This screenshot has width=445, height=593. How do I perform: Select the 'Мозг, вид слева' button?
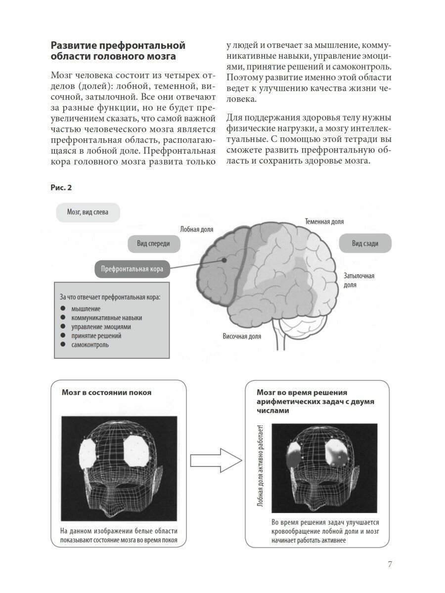pyautogui.click(x=88, y=213)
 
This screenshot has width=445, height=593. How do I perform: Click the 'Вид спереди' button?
pyautogui.click(x=153, y=244)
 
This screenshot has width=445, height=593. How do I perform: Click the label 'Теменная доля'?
pyautogui.click(x=324, y=222)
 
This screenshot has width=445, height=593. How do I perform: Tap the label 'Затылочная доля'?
pyautogui.click(x=358, y=280)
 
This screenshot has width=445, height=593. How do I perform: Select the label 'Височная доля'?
pyautogui.click(x=242, y=337)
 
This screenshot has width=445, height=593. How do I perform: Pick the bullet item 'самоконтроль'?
pyautogui.click(x=90, y=345)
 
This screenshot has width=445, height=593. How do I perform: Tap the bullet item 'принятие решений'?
pyautogui.click(x=96, y=336)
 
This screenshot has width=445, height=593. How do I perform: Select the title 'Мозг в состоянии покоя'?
pyautogui.click(x=106, y=393)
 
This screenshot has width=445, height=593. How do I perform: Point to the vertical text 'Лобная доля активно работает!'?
pyautogui.click(x=261, y=467)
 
